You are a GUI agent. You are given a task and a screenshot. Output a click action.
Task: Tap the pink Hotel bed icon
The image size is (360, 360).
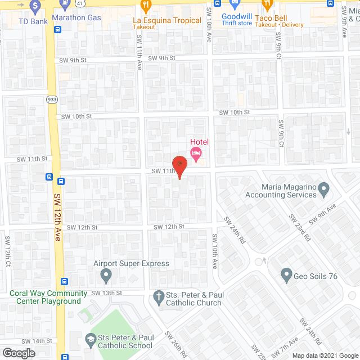point(196,152)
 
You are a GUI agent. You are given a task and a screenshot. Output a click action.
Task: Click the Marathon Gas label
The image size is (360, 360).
point(76,17)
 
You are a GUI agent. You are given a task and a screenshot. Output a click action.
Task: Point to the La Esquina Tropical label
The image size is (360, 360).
point(167,21)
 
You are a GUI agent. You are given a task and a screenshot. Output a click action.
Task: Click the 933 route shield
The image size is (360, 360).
point(52,98)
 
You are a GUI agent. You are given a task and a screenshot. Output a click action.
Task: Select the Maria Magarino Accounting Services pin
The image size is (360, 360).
point(324,190)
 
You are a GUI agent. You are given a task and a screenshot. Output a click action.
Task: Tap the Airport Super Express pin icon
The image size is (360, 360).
point(105,276)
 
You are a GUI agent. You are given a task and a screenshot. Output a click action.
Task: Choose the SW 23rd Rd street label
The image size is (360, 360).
point(299,227)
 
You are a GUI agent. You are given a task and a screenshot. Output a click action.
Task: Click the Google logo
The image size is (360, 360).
point(19,353)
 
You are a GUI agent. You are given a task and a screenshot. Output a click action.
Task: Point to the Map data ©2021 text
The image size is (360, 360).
point(321,355)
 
